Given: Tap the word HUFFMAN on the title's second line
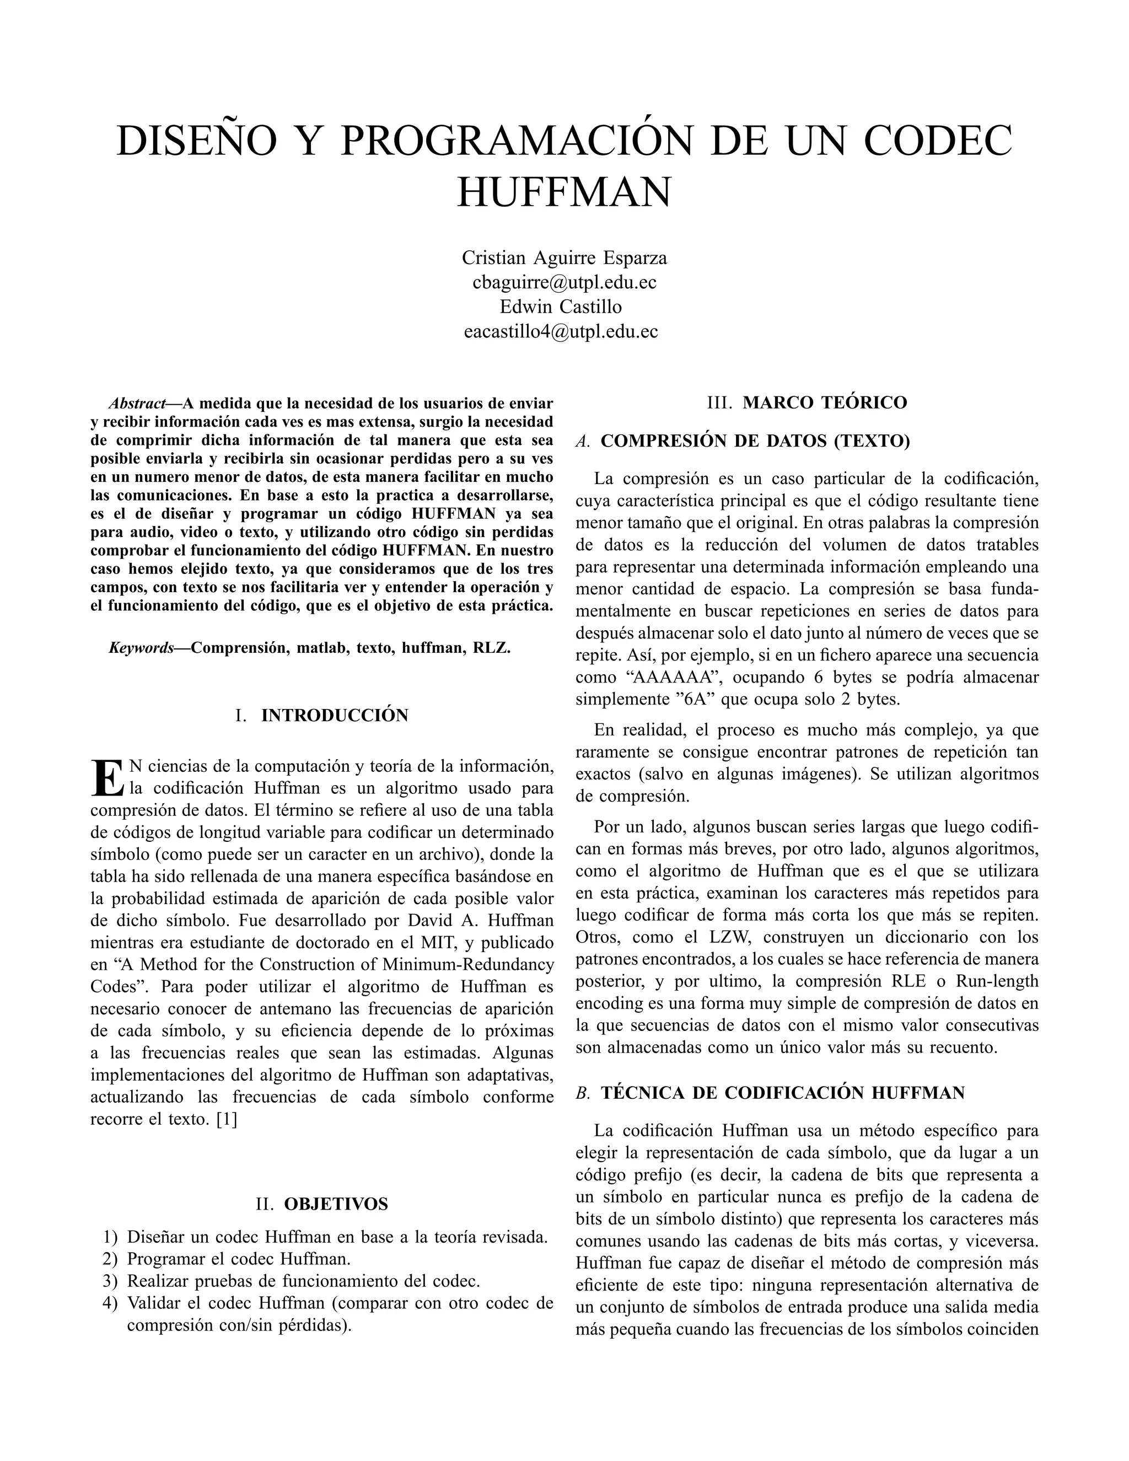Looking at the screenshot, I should (564, 192).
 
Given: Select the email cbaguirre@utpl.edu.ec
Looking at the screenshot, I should (564, 282).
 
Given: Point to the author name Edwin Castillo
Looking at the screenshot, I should (561, 307).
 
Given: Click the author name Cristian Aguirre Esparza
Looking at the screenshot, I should (564, 257).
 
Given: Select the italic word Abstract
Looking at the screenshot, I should (137, 404).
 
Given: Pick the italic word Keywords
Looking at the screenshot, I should (141, 648).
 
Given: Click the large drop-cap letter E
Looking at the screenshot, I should (106, 778).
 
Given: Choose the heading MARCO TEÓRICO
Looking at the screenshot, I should (825, 402).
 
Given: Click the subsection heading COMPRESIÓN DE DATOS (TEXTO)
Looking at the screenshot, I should (755, 442).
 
